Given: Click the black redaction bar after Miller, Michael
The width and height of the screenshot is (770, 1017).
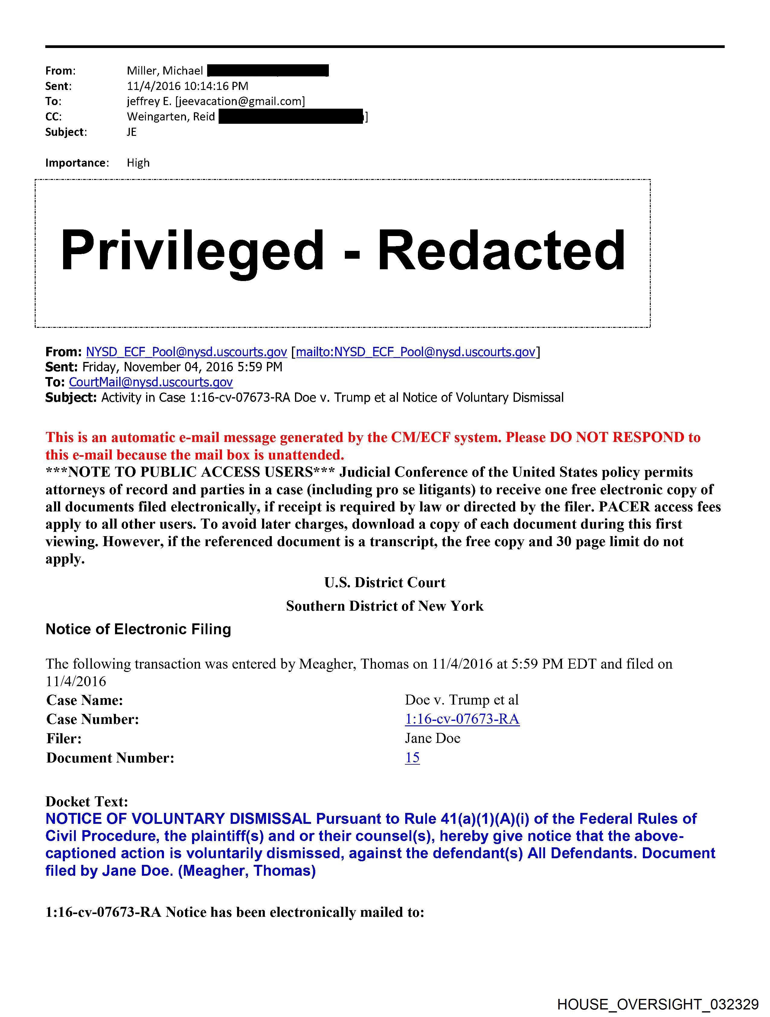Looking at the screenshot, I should click(268, 71).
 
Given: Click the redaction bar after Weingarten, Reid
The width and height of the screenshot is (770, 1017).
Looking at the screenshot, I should click(291, 117).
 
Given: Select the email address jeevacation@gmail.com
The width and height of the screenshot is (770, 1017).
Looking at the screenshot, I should click(240, 101).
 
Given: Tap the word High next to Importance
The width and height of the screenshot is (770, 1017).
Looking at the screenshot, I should click(138, 163).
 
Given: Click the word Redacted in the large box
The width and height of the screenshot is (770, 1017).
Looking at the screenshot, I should click(501, 251).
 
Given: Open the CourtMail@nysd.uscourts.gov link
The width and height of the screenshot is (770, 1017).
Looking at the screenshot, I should click(150, 382).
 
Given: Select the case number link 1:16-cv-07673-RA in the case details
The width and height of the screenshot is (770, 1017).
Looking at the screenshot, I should click(462, 719).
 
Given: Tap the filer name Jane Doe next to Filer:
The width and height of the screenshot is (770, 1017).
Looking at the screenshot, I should click(432, 738).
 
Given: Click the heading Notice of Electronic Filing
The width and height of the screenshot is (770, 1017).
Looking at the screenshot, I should click(138, 629).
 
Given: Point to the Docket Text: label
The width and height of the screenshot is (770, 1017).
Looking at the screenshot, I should click(86, 801).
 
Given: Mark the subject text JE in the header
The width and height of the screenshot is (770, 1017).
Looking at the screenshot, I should click(132, 132).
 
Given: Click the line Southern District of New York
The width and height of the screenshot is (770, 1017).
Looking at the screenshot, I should click(384, 606).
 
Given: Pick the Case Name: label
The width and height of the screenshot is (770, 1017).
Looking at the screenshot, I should click(85, 700).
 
